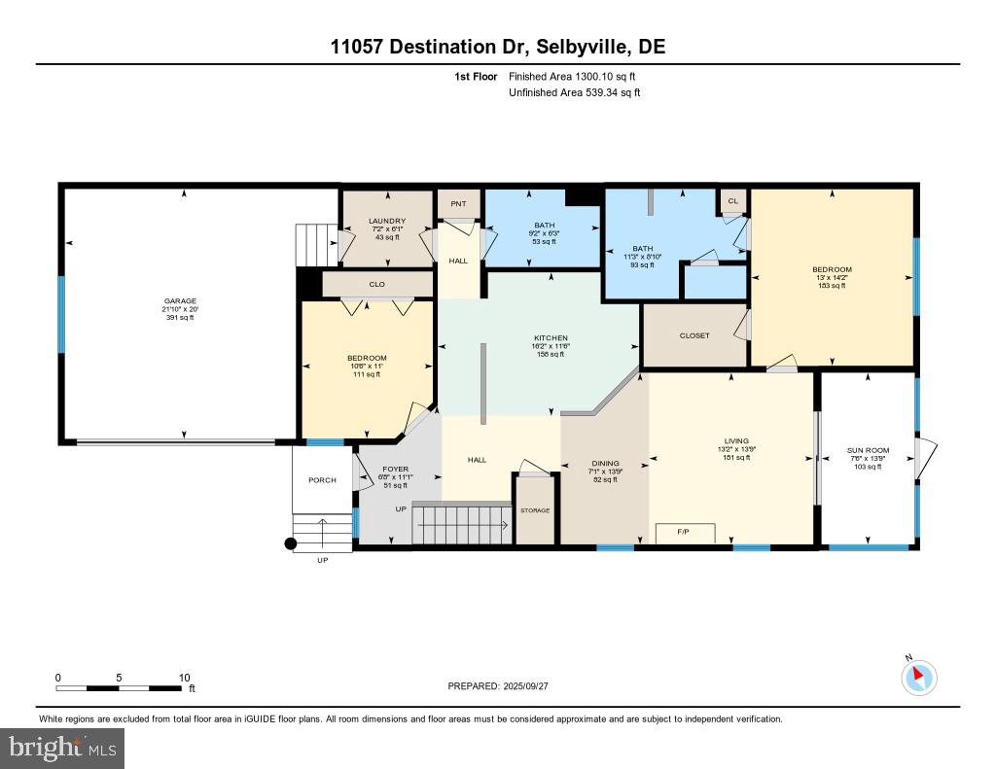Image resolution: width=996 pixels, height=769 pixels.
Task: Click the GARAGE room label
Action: click(x=179, y=301)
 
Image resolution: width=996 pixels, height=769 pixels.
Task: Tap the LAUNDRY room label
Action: click(x=386, y=221)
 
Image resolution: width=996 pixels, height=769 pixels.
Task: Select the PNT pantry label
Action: click(x=457, y=205)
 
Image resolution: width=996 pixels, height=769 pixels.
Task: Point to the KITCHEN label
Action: click(x=551, y=338)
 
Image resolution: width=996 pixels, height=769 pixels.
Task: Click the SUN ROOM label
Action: click(x=868, y=450)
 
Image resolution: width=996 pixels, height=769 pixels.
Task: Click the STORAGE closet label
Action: click(x=535, y=510)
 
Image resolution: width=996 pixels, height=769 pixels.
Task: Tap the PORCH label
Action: click(x=322, y=479)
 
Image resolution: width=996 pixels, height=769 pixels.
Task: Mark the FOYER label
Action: click(x=395, y=469)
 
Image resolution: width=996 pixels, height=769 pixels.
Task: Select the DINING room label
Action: click(x=605, y=464)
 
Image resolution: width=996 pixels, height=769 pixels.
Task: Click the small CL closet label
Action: click(x=732, y=201)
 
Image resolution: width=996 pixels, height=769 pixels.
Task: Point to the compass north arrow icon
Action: click(x=919, y=677)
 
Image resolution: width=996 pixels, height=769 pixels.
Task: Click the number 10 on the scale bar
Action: click(x=184, y=678)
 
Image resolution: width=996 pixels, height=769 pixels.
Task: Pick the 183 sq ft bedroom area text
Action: click(x=832, y=286)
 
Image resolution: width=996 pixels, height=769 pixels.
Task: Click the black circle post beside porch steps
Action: click(x=290, y=544)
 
